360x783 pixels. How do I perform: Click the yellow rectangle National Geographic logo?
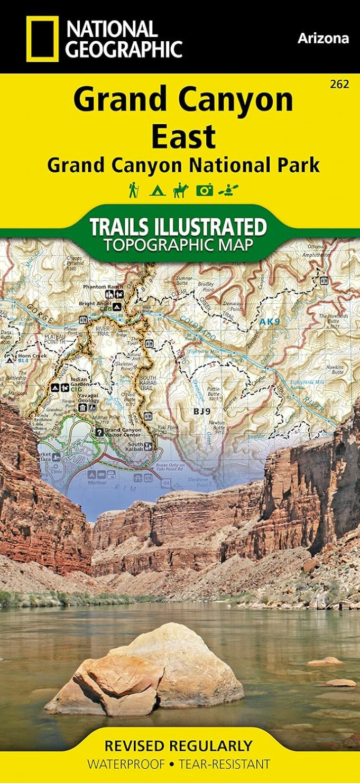(43, 39)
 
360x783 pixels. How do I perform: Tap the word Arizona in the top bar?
(323, 38)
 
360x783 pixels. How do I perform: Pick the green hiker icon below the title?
(133, 190)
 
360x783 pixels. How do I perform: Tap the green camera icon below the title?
(204, 190)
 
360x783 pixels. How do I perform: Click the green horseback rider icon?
(180, 190)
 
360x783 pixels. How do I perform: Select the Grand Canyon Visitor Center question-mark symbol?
(98, 432)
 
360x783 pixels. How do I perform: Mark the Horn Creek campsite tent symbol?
(10, 360)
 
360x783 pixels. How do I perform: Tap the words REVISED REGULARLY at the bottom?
(178, 745)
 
